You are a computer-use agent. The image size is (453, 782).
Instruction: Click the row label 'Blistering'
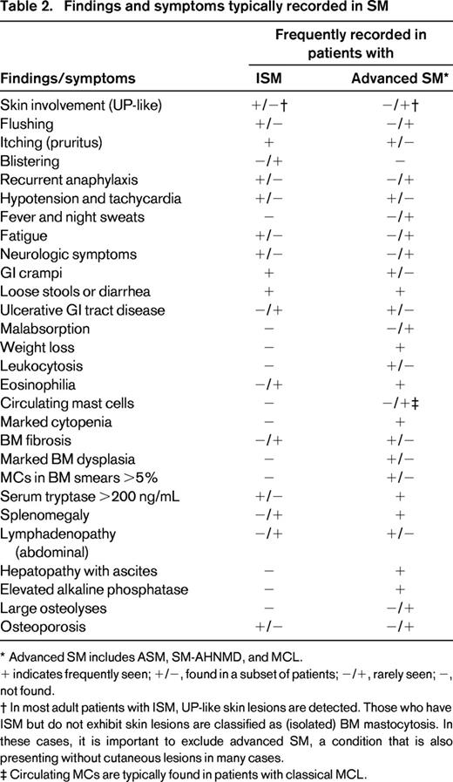point(30,161)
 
